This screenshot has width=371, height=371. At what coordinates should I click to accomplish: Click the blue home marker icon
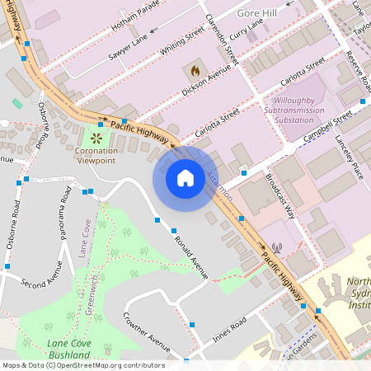point(185,177)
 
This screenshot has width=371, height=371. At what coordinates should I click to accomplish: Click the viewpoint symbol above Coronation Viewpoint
point(97,138)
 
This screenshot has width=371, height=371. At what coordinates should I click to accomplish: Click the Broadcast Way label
point(280,195)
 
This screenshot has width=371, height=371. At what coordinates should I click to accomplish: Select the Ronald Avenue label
point(191,256)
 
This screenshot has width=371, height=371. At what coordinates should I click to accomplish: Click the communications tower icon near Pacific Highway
point(276,247)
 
